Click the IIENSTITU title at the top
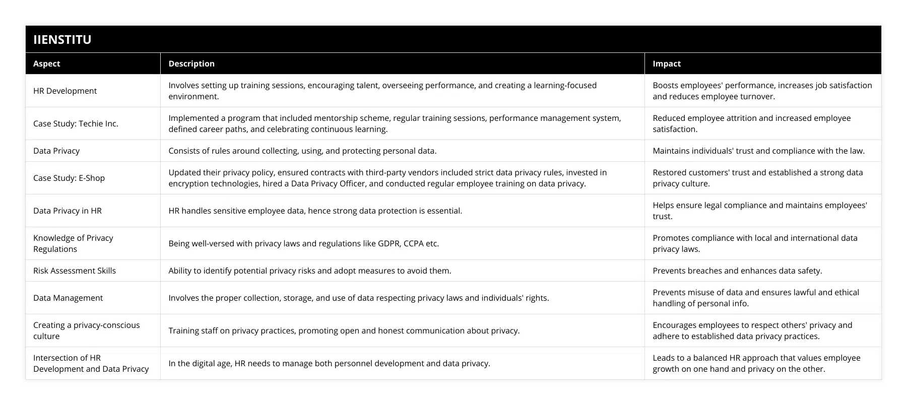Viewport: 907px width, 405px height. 62,40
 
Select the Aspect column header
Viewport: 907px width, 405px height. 47,63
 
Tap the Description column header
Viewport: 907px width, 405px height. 191,63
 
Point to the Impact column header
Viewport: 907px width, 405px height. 667,63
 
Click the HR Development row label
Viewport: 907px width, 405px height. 65,91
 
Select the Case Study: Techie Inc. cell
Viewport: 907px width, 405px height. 76,123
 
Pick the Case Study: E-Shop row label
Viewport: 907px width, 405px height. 69,178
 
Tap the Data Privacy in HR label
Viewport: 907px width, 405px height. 68,211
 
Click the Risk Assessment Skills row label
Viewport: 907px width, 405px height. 75,271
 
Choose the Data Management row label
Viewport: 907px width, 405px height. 68,298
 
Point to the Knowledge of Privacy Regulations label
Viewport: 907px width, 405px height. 73,243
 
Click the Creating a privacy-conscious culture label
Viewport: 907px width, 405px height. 87,330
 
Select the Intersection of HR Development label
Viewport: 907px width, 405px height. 91,363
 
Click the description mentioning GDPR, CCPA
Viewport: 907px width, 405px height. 303,243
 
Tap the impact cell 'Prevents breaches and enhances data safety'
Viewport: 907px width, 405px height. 737,271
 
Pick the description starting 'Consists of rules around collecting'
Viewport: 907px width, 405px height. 302,151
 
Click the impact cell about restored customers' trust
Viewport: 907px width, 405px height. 758,178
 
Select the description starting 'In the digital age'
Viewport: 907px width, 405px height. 329,363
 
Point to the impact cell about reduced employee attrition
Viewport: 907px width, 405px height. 752,123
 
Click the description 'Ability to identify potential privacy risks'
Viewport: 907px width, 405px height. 309,271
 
